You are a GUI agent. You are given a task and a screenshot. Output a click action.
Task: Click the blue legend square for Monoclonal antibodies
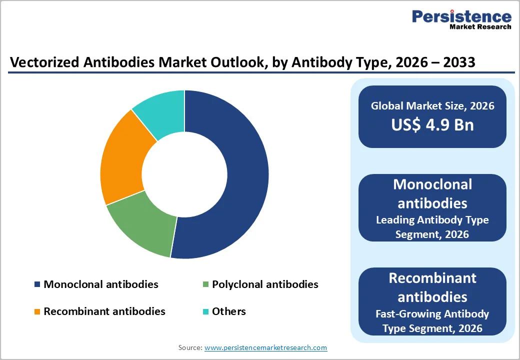(37, 284)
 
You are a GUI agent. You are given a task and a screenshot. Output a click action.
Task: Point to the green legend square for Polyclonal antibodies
(205, 284)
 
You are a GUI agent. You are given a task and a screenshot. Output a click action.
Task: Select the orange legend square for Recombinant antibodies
(37, 311)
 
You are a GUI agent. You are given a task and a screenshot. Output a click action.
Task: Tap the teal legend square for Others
(205, 311)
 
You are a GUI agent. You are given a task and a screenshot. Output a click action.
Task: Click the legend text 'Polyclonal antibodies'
(265, 284)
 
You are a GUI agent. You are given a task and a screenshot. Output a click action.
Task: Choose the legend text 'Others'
(229, 311)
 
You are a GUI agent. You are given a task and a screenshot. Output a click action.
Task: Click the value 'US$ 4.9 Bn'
(432, 124)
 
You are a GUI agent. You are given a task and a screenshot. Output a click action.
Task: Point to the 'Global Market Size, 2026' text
(432, 105)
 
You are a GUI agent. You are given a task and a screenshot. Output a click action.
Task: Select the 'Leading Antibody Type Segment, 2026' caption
(432, 226)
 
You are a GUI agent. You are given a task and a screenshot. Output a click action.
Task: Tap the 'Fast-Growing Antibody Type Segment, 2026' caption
(432, 321)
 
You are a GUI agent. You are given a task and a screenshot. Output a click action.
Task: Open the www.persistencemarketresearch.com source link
(265, 347)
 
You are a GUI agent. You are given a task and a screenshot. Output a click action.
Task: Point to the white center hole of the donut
(184, 174)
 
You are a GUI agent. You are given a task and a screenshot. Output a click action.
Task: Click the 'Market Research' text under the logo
(480, 27)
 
